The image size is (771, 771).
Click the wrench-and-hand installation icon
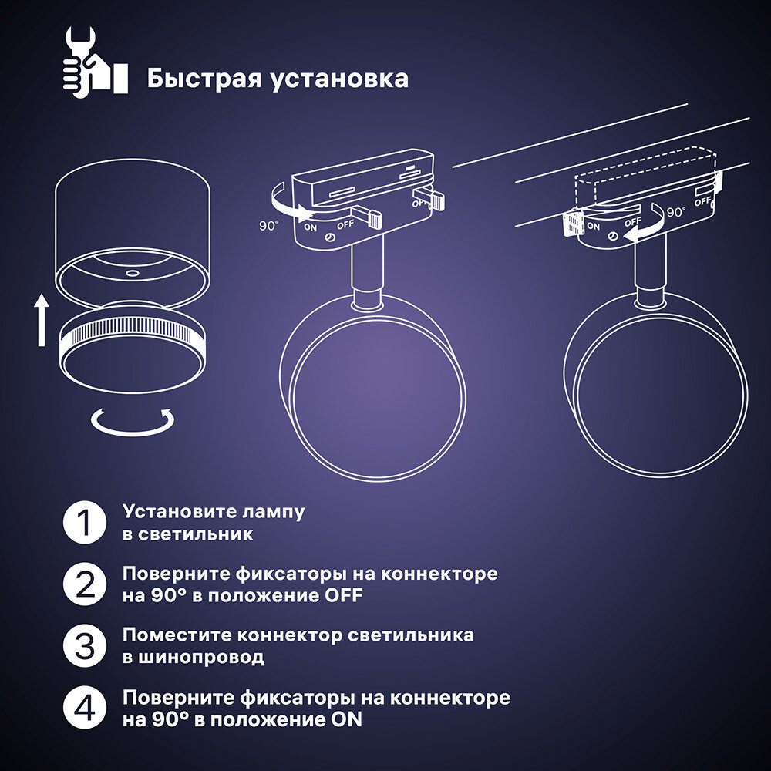(x=96, y=62)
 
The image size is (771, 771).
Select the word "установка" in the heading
(x=340, y=80)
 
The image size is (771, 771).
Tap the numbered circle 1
(x=85, y=522)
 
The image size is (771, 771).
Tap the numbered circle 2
(x=85, y=584)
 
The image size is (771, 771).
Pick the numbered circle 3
(x=85, y=646)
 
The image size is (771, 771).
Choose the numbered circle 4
(x=85, y=708)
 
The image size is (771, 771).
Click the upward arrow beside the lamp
(x=42, y=320)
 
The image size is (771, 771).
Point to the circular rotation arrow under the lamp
(x=133, y=422)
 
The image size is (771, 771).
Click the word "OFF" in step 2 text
(x=343, y=595)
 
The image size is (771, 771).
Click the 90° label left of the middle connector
(x=269, y=226)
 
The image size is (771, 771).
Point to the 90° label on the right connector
(x=676, y=212)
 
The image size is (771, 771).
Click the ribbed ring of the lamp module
(x=132, y=330)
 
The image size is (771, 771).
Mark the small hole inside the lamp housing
(x=133, y=273)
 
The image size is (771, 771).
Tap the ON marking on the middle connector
(x=311, y=227)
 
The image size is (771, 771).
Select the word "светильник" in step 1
(x=195, y=534)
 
